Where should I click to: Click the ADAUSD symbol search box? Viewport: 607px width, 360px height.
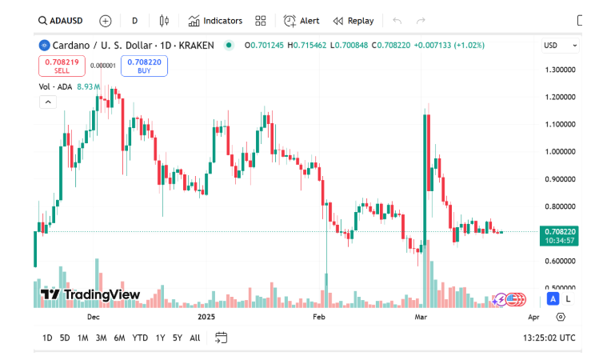coord(62,21)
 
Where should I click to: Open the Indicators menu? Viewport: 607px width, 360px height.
coord(215,21)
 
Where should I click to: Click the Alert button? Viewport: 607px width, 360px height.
coord(302,21)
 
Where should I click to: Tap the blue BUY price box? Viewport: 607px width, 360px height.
coord(144,66)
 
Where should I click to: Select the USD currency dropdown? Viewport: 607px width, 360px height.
coord(560,46)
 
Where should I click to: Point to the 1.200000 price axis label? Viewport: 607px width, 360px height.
coord(561,98)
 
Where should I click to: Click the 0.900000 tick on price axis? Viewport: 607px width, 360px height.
coord(561,179)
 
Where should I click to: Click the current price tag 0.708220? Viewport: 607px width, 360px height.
coord(560,231)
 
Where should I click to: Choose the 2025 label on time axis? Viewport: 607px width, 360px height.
coord(207,317)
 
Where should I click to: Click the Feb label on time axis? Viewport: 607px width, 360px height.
coord(319,317)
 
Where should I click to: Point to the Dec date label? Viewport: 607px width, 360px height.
coord(93,317)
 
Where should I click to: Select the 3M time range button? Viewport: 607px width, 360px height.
coord(101,338)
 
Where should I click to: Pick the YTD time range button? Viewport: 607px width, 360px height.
coord(140,338)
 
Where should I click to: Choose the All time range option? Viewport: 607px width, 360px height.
coord(195,338)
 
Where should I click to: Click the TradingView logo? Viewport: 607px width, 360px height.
coord(90,294)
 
